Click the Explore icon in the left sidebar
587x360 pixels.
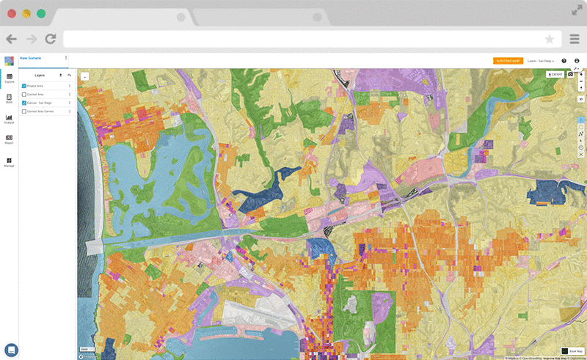coord(10,77)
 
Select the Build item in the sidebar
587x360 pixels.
coord(10,98)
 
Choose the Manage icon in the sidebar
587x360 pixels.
coord(10,161)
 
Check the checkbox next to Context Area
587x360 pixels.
coord(24,95)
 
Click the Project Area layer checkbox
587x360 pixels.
coord(24,86)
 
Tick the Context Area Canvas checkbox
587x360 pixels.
coord(24,111)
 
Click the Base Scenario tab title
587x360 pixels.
coord(31,57)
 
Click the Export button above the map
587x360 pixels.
coord(555,74)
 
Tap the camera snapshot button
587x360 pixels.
coord(570,74)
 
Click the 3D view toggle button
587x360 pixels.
coord(581,99)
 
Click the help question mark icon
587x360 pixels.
coord(564,61)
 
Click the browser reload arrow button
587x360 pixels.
coord(50,39)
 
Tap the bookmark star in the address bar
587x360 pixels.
coord(550,39)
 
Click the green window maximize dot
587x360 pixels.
coord(41,13)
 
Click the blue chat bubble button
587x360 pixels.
coord(11,350)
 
